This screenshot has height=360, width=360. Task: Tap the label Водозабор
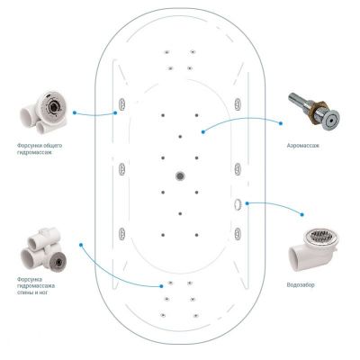(301, 284)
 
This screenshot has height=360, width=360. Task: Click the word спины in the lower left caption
(24, 292)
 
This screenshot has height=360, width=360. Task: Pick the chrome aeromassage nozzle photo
(314, 111)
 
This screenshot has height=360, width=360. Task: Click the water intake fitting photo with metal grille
(314, 249)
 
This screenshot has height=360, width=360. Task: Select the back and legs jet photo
(43, 248)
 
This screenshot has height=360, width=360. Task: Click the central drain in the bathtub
(180, 176)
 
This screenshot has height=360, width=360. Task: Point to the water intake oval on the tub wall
(238, 203)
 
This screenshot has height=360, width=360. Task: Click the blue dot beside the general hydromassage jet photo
(75, 112)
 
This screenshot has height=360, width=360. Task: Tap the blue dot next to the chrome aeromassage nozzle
(281, 123)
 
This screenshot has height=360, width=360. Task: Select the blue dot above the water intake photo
(302, 214)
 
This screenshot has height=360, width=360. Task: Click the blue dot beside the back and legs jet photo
(81, 245)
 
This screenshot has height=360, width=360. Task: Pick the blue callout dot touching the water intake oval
(247, 203)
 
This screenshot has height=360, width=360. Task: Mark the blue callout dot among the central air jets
(203, 131)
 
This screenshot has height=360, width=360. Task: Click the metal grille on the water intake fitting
(321, 236)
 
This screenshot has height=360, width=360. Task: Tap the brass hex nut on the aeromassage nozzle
(321, 109)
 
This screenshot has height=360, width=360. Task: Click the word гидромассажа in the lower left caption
(36, 285)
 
